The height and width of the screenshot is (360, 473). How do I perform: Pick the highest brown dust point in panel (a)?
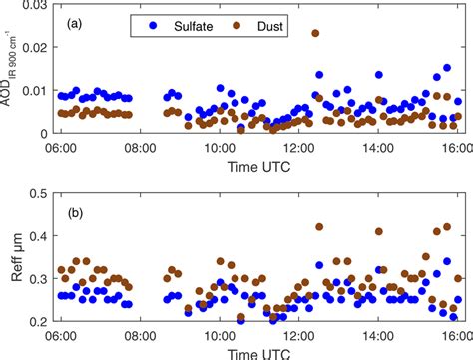coord(316,33)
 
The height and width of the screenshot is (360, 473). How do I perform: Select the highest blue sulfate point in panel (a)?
coord(447,69)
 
